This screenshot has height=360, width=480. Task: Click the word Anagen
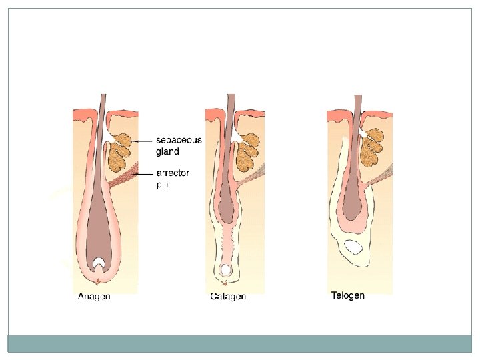[94, 297]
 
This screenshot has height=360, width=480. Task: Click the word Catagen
[228, 297]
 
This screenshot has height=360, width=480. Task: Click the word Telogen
[348, 295]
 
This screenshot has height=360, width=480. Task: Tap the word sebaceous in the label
[179, 140]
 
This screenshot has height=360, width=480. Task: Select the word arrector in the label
[173, 173]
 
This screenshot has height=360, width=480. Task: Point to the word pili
[162, 184]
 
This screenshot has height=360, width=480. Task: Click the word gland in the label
[167, 151]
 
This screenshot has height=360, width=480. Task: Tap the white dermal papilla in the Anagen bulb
[99, 263]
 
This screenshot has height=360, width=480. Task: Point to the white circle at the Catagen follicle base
[226, 270]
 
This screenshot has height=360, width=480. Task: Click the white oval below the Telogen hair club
[353, 248]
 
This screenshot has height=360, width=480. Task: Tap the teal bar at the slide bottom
[240, 343]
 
